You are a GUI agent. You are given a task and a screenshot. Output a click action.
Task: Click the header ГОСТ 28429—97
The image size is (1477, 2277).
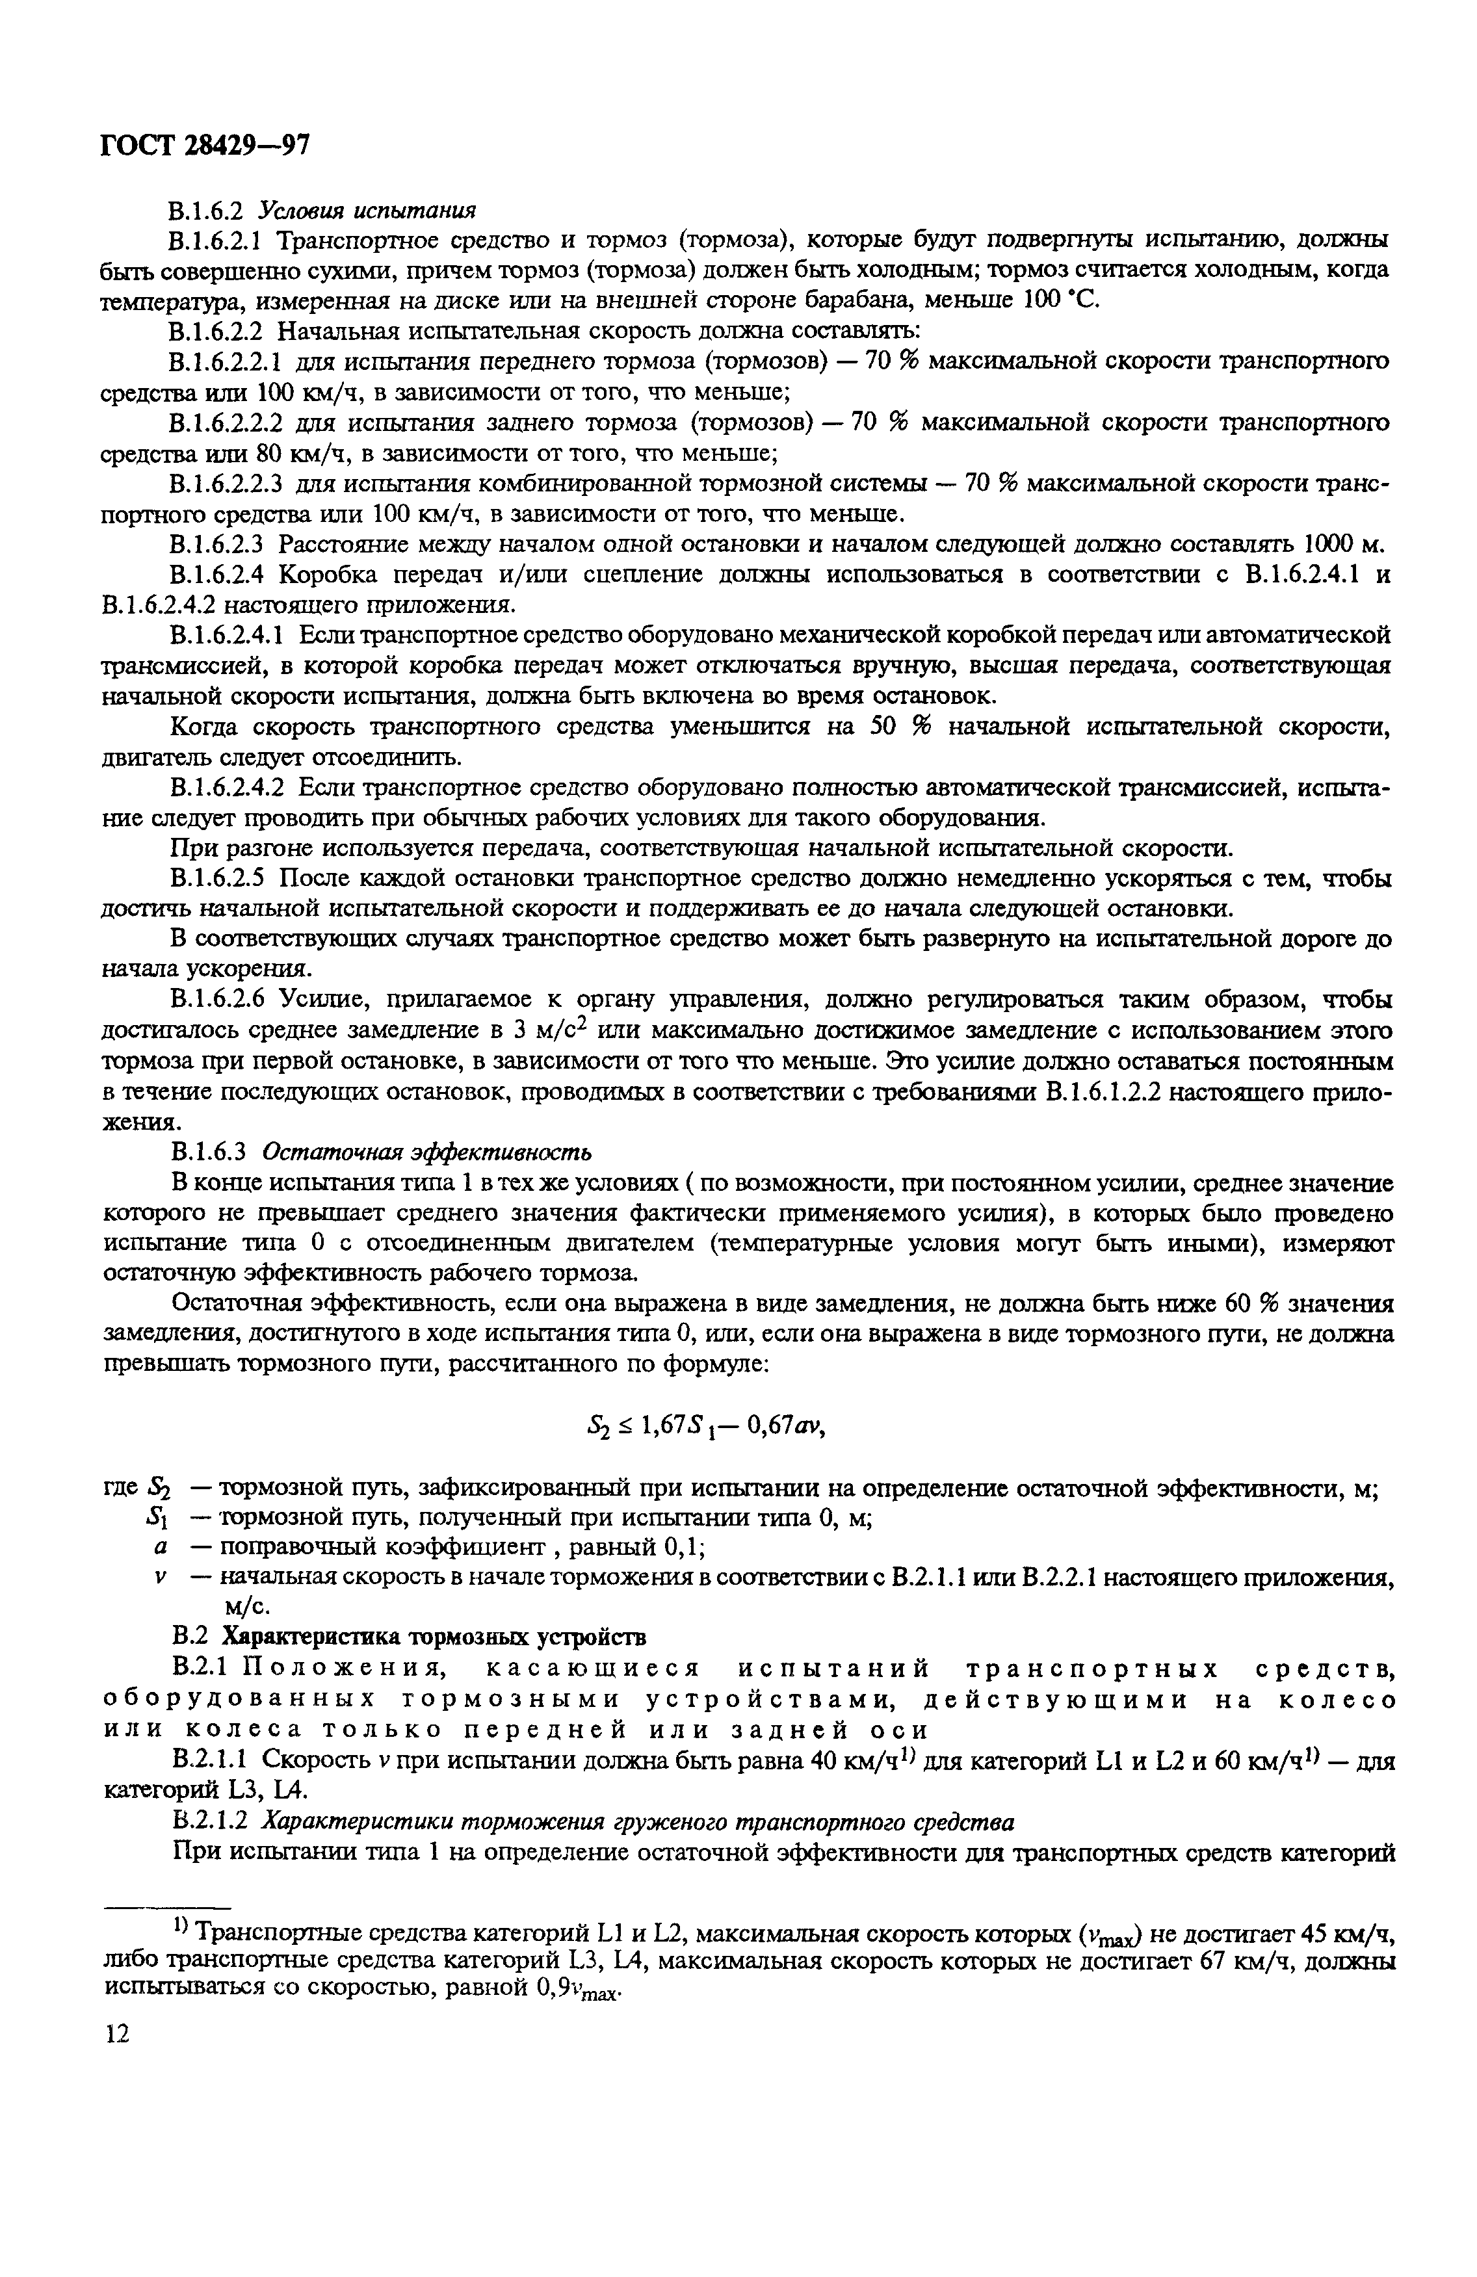[205, 146]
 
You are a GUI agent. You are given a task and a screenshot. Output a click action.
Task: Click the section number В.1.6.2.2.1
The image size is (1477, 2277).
[226, 361]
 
